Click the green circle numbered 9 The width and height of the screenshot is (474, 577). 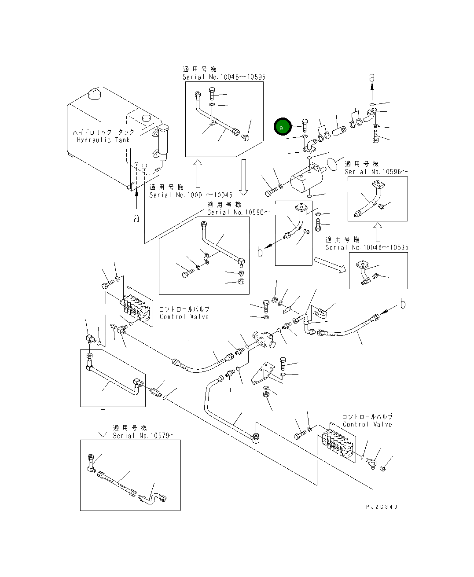(282, 127)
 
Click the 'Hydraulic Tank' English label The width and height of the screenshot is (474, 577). (103, 140)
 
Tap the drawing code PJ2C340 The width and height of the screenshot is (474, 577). (382, 507)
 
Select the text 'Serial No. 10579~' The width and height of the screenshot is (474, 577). (144, 435)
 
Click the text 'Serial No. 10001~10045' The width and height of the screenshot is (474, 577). (191, 195)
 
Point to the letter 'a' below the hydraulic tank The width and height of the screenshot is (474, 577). (136, 217)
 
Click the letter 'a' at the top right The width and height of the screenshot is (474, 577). (372, 77)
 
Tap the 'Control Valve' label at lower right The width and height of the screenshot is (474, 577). (367, 424)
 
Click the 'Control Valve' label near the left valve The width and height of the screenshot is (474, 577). (184, 316)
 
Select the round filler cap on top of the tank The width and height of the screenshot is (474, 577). (94, 93)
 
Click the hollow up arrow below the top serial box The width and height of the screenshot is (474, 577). (197, 174)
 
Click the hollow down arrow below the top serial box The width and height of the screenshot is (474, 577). (243, 177)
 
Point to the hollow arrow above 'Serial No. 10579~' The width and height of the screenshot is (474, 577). (103, 423)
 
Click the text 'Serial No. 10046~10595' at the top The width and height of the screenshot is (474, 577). (224, 77)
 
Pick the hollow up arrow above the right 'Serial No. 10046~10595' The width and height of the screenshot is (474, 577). (378, 232)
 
